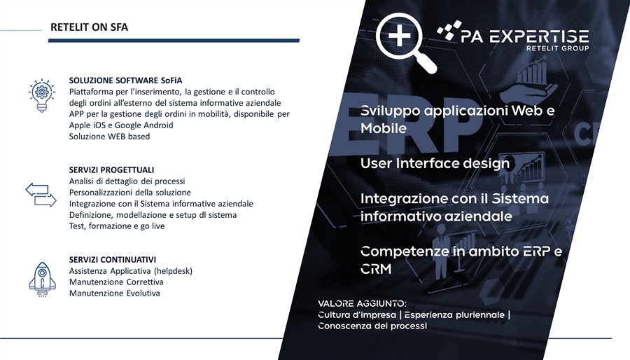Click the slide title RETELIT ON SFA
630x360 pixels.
coord(89,27)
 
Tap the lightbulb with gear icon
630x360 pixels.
coord(42,96)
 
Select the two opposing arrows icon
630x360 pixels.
coord(41,195)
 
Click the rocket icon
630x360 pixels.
coord(42,279)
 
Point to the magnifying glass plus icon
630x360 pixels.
coord(406,43)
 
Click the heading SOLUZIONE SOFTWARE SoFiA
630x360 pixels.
coord(125,81)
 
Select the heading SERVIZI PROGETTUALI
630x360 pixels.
coord(111,170)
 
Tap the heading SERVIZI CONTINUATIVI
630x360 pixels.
coord(113,260)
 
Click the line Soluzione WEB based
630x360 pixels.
coord(109,136)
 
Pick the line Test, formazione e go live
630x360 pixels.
coord(117,226)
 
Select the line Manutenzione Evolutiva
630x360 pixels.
coord(115,293)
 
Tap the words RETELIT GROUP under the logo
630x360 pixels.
coord(558,48)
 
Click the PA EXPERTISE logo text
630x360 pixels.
coord(524,36)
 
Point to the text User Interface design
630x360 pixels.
coord(435,163)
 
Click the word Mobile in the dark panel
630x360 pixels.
coord(384,128)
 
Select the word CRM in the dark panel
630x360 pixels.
coord(376,269)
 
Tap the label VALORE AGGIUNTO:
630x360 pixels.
coord(362,303)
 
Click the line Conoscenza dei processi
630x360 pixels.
coord(372,326)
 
